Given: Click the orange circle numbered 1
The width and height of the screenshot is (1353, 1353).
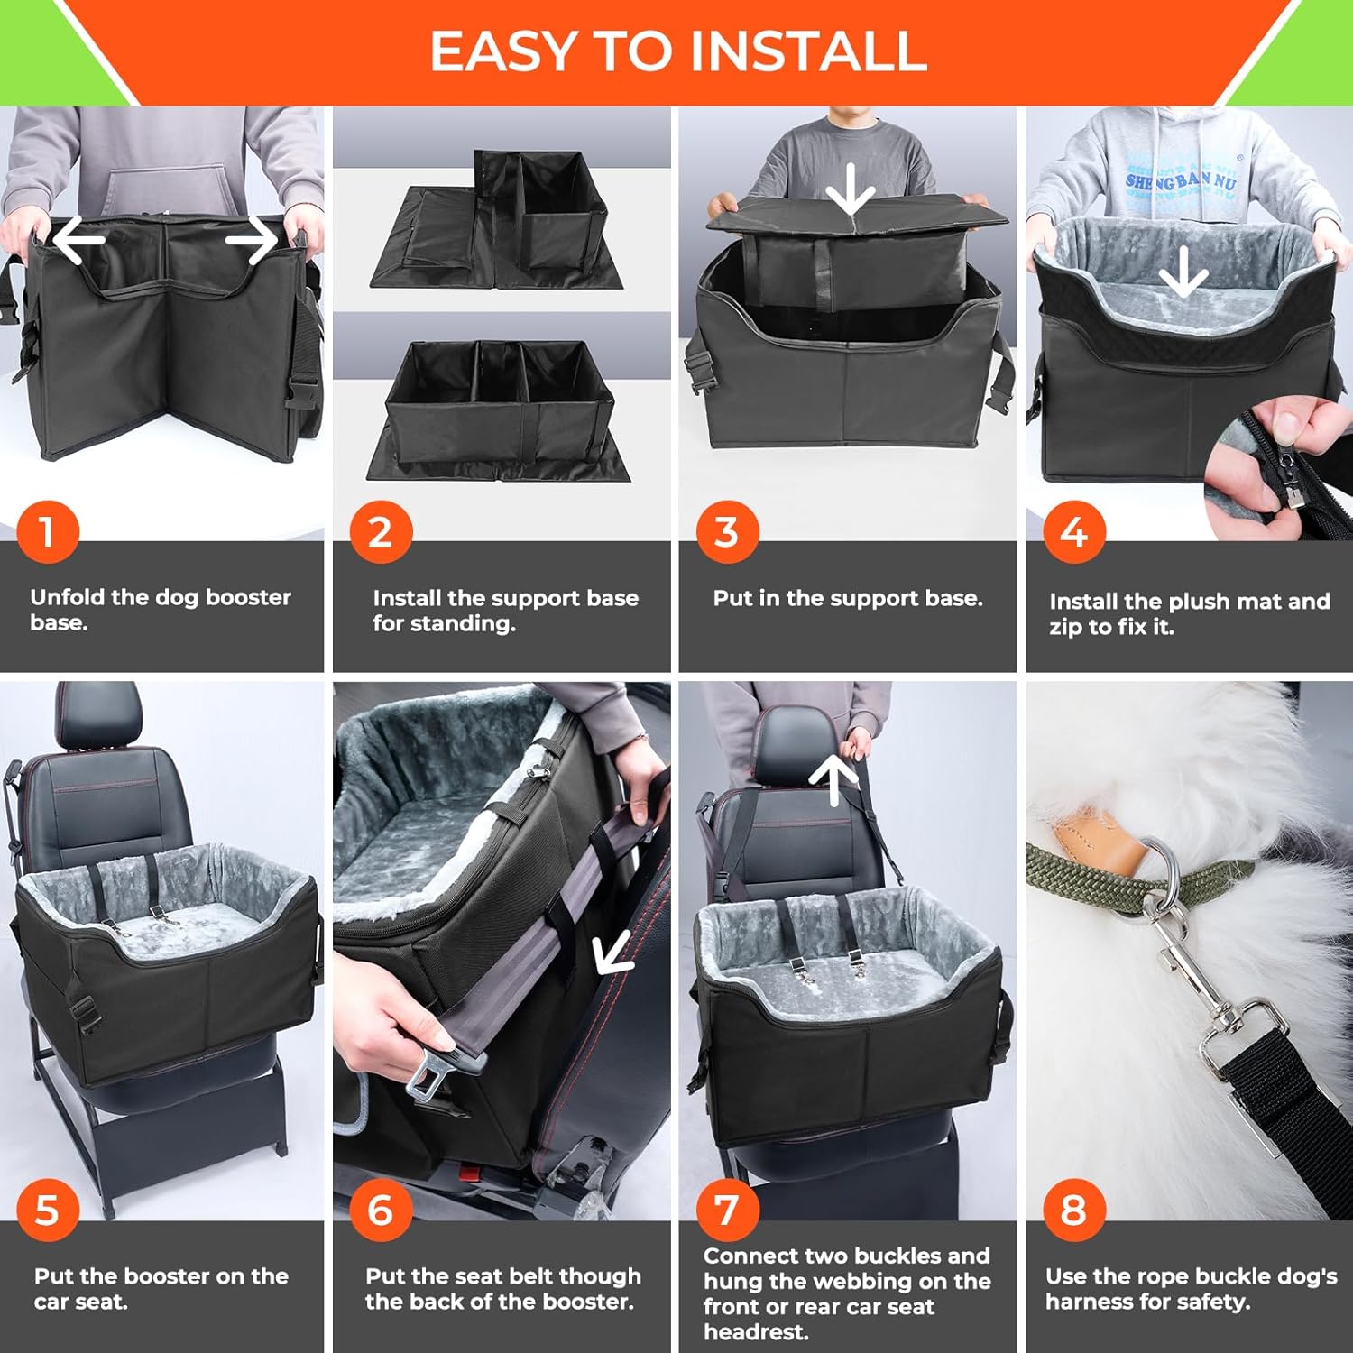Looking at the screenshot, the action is click(48, 532).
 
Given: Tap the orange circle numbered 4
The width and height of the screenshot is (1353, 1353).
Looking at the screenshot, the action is click(1074, 532).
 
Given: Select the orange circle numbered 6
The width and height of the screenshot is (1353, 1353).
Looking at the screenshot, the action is click(381, 1210).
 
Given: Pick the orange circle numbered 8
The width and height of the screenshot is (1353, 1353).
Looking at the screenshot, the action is click(1074, 1210).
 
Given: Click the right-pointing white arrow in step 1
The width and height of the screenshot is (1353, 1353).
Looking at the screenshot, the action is click(252, 240).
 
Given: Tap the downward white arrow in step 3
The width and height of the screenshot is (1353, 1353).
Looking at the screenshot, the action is click(851, 189).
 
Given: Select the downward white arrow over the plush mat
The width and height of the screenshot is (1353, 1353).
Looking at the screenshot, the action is click(1183, 273).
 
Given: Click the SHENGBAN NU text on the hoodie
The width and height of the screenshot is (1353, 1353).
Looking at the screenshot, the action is click(1181, 181).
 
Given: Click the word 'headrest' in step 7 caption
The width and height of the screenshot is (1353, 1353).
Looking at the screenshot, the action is click(756, 1332).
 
